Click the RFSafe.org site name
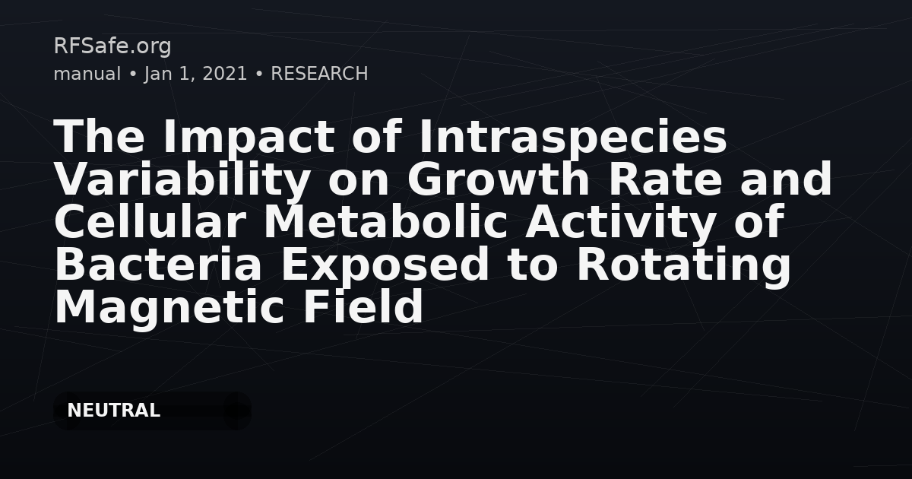click(112, 46)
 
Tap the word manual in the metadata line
click(87, 74)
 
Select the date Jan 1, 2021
click(195, 75)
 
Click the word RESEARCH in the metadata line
click(319, 74)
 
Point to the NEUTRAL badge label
click(113, 411)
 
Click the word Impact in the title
click(249, 139)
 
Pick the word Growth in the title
click(498, 179)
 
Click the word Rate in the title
click(665, 179)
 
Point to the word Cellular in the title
click(150, 221)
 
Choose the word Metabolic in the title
click(386, 221)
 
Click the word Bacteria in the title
click(158, 264)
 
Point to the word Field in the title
click(363, 306)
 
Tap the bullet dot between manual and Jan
click(132, 75)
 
